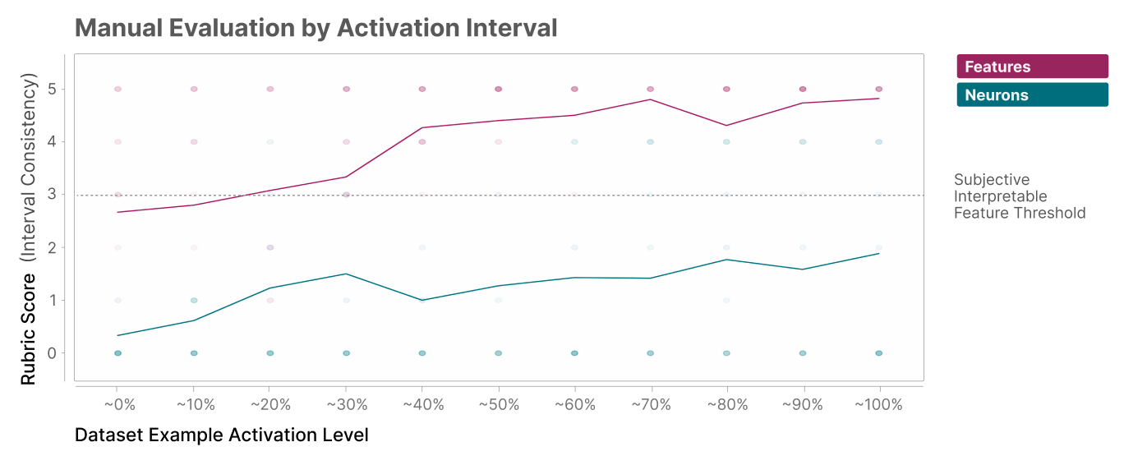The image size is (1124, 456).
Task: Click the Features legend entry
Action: point(1032,67)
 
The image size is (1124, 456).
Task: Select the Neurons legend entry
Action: point(1032,94)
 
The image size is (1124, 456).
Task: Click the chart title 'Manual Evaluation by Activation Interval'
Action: point(316,28)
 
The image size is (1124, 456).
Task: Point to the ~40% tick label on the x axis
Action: point(423,405)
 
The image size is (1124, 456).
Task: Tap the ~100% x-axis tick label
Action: point(878,405)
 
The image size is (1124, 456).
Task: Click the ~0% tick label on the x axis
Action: point(119,405)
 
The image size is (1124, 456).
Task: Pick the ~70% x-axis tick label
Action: point(651,405)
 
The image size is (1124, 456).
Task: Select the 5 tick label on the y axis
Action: point(53,90)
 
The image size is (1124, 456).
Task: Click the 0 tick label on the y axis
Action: point(53,353)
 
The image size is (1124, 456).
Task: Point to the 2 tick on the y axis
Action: point(53,247)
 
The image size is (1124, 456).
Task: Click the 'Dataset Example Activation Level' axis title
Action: point(221,435)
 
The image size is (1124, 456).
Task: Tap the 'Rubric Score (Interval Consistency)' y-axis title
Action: point(29,228)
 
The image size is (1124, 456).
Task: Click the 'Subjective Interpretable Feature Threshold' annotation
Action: point(1020,196)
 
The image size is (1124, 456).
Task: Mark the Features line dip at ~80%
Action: point(726,126)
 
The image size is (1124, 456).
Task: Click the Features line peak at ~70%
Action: point(650,99)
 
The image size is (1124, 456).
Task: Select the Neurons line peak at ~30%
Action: point(346,274)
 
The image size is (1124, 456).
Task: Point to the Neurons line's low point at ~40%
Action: point(422,301)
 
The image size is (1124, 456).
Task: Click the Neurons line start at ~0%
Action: point(118,335)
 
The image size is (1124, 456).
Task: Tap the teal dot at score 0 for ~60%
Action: point(574,353)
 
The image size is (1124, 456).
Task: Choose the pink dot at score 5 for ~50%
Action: point(498,89)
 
